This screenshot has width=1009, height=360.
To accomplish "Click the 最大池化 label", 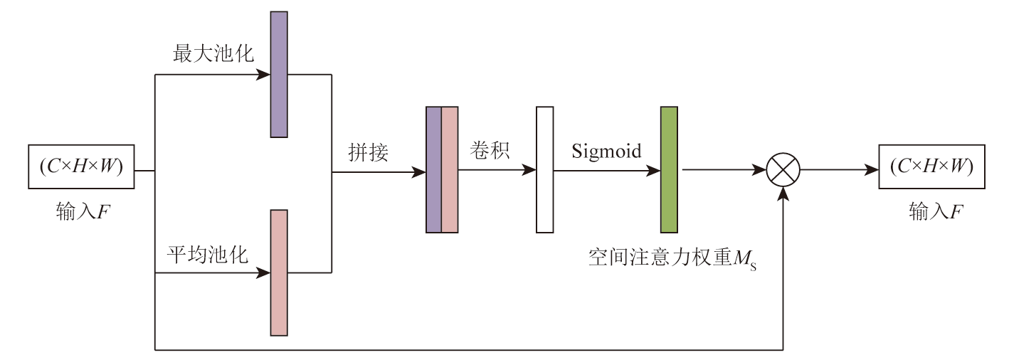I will point(213,54).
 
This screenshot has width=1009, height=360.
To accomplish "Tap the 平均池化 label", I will point(208,255).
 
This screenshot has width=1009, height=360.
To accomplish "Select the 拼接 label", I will point(368,152).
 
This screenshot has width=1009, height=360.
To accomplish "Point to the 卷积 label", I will point(490,151).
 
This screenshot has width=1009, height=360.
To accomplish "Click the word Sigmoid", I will point(606,151).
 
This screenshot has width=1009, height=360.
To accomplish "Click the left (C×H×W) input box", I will point(81,167).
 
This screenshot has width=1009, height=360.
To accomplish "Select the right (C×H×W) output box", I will point(931,167).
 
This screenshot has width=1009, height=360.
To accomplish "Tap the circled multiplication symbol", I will point(783,171).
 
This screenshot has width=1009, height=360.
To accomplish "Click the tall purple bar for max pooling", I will point(279,74).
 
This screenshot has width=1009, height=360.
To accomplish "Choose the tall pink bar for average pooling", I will point(279,272).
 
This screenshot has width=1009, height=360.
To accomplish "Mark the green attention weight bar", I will point(669,170).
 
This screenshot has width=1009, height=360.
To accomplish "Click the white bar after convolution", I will point(544,170).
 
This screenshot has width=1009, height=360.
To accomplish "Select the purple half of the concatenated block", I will point(433,170).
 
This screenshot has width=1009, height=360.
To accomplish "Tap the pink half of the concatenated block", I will point(450,170).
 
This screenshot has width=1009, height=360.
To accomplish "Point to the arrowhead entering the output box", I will point(872,171).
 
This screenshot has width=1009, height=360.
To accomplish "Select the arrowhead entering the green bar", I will point(654,171).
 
